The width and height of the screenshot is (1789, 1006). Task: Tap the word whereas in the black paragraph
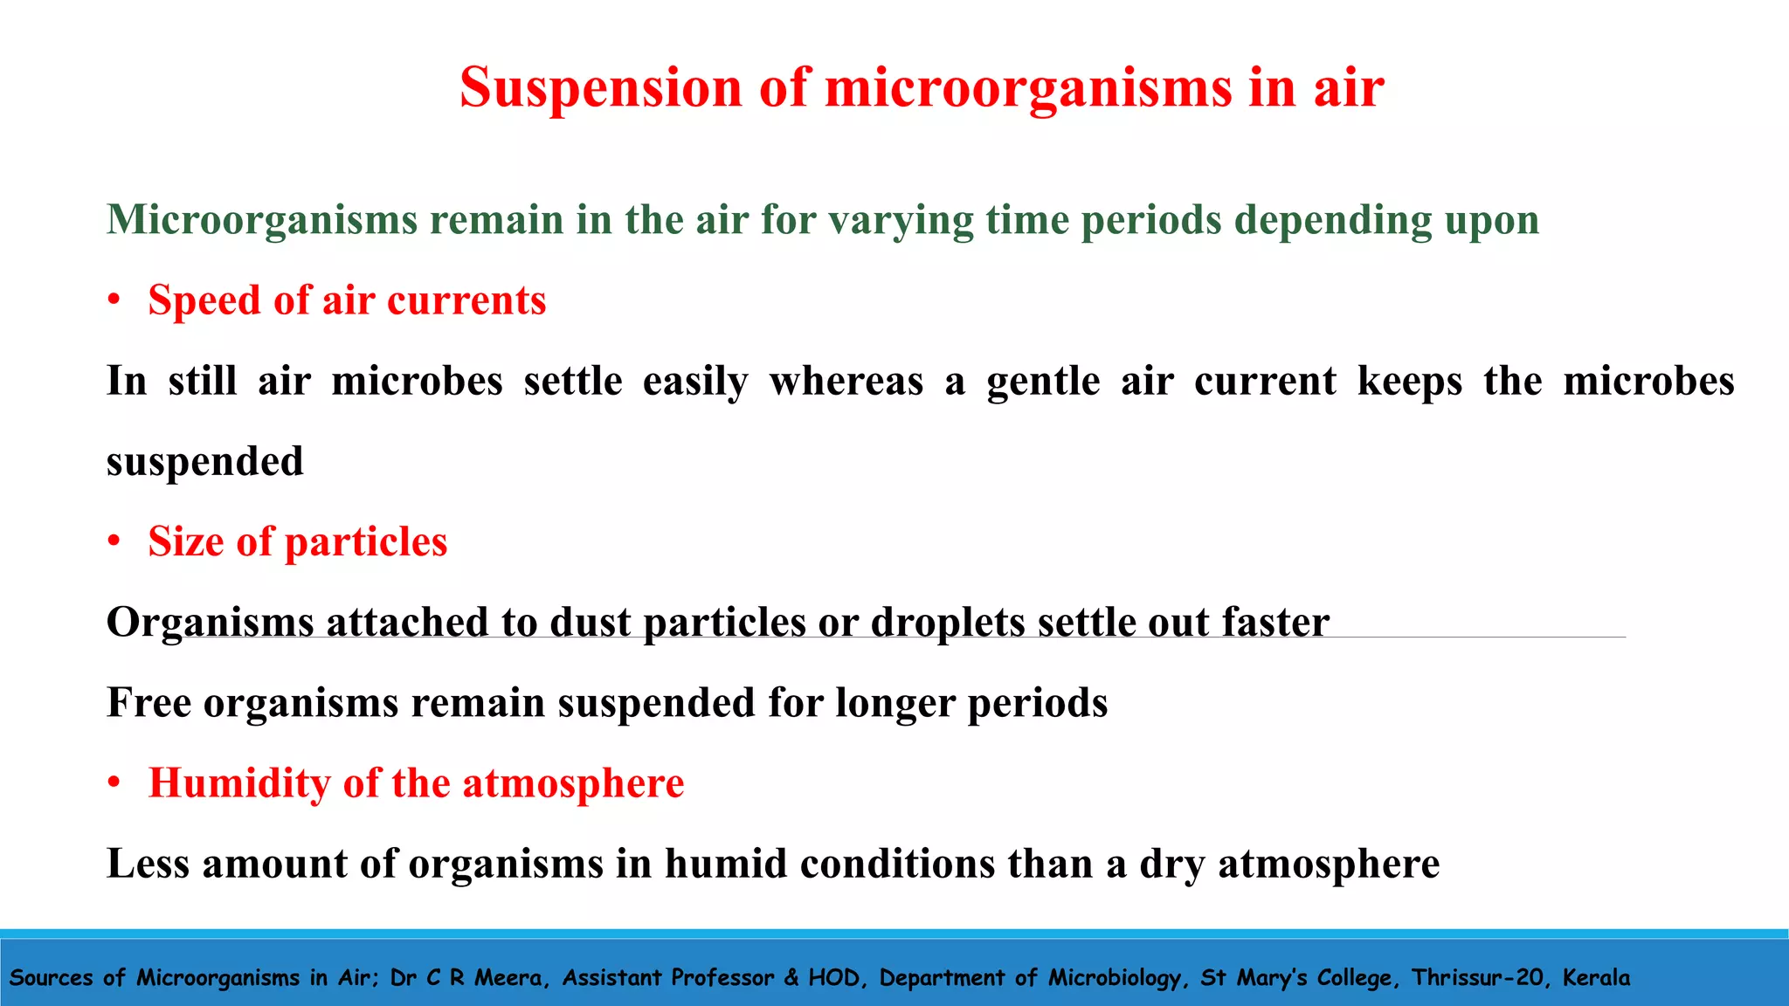point(846,382)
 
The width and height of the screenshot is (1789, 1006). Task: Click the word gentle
point(1043,382)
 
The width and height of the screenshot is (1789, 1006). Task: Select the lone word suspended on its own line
point(205,462)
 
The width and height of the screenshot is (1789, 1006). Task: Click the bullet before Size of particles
point(114,542)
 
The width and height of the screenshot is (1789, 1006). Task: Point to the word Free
point(149,703)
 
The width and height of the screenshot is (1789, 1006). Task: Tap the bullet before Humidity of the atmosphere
point(114,783)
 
